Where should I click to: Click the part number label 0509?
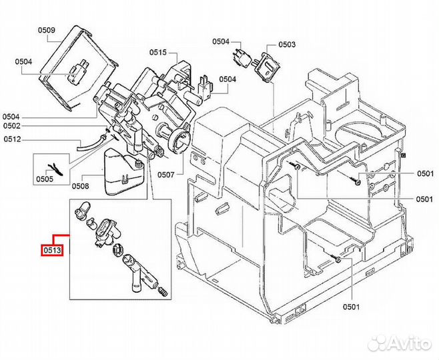pos(47,30)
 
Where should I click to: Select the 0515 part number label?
pos(157,52)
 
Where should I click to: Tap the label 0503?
pos(287,45)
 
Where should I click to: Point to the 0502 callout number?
pos(12,126)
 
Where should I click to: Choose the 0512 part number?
pos(12,139)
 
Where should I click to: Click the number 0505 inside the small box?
pos(45,179)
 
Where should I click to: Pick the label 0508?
pos(80,186)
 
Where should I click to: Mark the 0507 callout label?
pos(165,175)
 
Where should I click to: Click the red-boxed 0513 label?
pos(52,250)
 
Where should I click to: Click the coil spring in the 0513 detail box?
pos(163,291)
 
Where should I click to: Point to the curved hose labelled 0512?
pos(89,144)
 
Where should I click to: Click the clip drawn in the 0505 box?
pos(56,170)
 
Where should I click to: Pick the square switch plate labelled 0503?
pos(268,67)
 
